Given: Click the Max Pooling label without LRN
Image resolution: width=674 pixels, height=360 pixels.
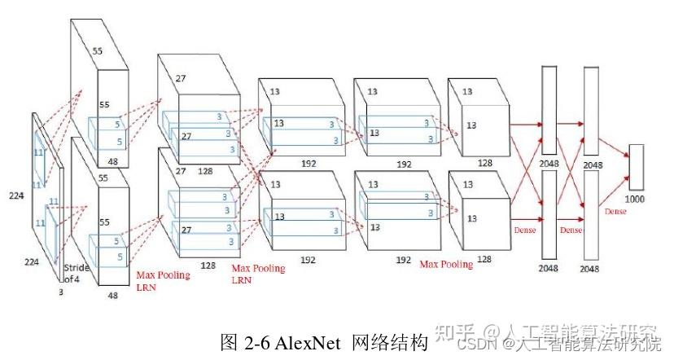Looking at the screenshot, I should pyautogui.click(x=446, y=264).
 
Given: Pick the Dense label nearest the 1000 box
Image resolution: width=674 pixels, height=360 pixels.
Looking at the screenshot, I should pyautogui.click(x=615, y=211).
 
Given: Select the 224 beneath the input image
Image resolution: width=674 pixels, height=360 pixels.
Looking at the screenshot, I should pyautogui.click(x=30, y=261).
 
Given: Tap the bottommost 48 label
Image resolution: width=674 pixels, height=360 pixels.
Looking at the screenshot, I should pyautogui.click(x=113, y=296).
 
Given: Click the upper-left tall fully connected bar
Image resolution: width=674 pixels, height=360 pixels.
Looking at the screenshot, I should pyautogui.click(x=549, y=110).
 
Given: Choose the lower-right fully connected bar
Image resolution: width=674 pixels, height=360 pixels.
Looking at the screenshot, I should pyautogui.click(x=591, y=216).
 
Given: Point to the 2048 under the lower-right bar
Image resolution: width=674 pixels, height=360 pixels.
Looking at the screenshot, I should pyautogui.click(x=591, y=268).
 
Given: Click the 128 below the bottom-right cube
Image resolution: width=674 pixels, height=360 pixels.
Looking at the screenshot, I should pyautogui.click(x=484, y=258).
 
